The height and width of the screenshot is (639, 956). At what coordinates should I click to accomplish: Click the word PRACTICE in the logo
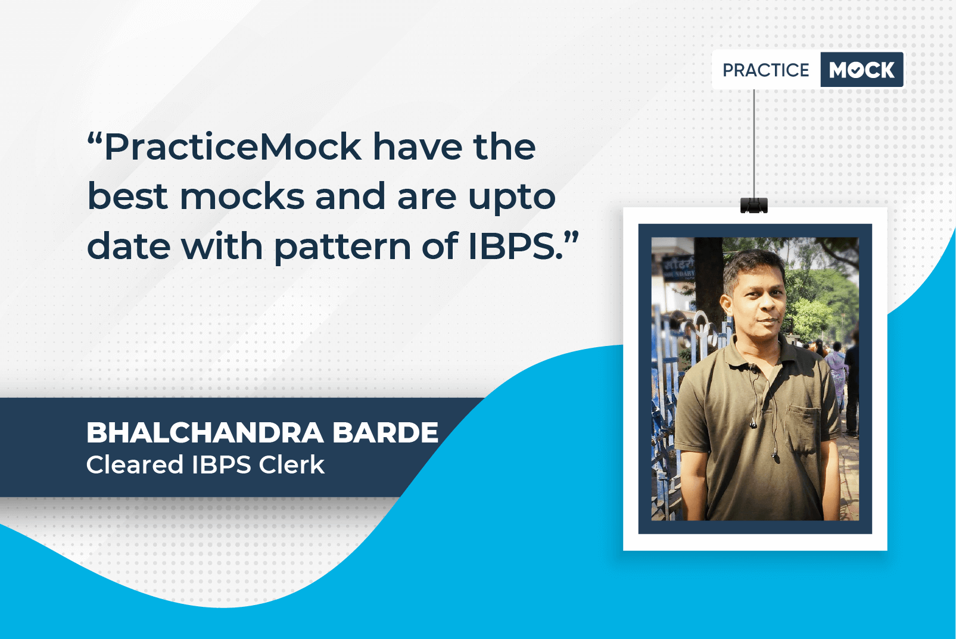[x=765, y=70]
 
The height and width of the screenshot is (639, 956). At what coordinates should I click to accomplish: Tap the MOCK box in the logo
[x=862, y=70]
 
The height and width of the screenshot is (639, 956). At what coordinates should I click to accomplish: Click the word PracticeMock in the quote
[x=233, y=146]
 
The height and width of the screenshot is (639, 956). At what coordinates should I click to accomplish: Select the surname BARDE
[x=385, y=432]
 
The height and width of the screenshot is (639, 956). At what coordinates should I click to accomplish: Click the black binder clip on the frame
[x=753, y=205]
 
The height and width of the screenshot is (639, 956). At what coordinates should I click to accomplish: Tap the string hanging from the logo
[x=753, y=144]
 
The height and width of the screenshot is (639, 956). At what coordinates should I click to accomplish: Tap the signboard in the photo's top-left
[x=678, y=269]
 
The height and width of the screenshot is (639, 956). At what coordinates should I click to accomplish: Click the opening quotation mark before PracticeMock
[x=95, y=139]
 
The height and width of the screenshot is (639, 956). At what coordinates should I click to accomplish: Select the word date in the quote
[x=129, y=246]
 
